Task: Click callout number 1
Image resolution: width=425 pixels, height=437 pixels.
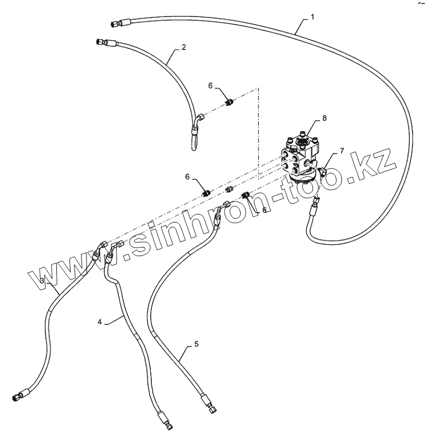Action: click(311, 18)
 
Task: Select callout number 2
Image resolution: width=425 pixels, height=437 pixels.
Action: click(184, 48)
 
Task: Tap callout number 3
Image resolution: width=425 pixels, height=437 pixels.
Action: click(43, 281)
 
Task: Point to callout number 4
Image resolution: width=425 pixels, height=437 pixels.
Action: click(100, 322)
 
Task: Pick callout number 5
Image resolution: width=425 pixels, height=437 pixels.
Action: click(196, 344)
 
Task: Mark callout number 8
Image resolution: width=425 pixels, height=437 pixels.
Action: click(324, 118)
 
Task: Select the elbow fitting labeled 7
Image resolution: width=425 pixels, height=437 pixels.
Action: click(325, 172)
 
